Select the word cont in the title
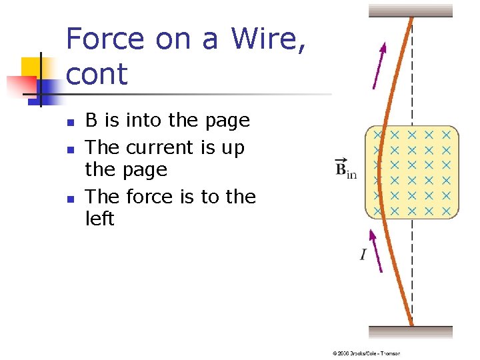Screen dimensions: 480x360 [97, 74]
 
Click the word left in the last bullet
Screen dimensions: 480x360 [100, 219]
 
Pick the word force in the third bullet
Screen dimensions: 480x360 [151, 197]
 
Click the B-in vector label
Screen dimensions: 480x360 [345, 168]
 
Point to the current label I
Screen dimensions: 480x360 [363, 254]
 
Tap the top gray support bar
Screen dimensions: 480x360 [411, 10]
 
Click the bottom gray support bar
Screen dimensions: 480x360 [411, 332]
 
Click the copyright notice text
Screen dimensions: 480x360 [366, 353]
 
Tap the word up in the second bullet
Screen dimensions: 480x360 [233, 148]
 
